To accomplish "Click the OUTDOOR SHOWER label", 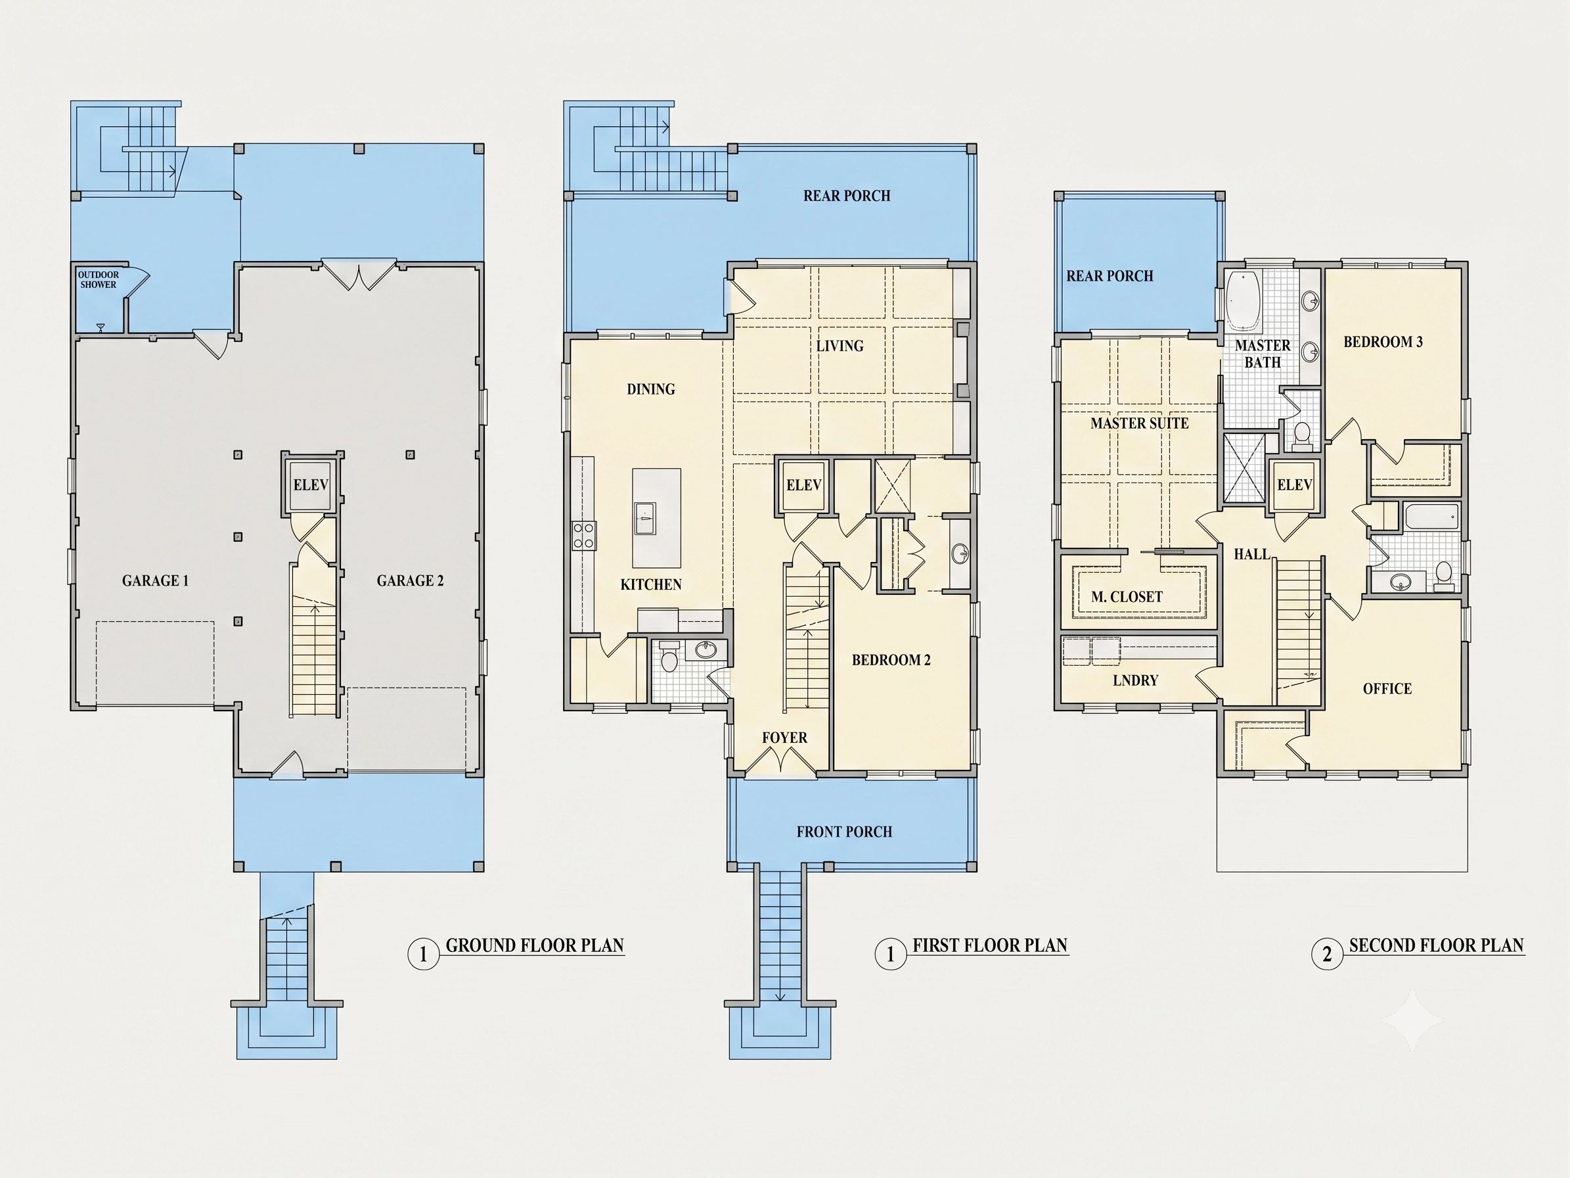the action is pos(98,280).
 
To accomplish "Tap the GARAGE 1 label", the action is pos(156,581).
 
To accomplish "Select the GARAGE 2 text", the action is pos(411,581).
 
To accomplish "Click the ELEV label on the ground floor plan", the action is pos(311,485).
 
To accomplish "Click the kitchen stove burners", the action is pos(584,535).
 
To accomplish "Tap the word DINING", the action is pos(651,389).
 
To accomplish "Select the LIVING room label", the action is pos(840,346).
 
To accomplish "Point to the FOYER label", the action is pos(784,738).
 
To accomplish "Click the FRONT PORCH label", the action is pos(844,832).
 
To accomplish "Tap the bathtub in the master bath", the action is pos(1243,301).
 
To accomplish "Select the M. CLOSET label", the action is pos(1127,597).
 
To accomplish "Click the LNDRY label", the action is pos(1135,680).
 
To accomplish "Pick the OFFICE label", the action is pos(1387,689).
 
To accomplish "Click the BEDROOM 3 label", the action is pos(1383,342).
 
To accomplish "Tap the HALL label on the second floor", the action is pos(1251,554).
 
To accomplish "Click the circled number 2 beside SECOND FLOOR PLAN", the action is pos(1326,954).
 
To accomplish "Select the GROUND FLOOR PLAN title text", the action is pos(535,946).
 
